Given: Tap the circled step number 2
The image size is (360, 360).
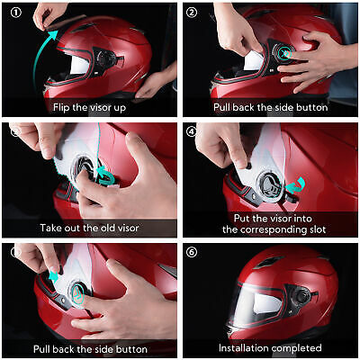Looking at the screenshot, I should tap(193, 13).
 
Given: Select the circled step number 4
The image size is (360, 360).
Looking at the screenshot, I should tap(193, 131).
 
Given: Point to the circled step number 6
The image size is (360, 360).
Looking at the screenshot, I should tap(193, 251).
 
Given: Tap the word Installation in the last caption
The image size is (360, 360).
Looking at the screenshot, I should tap(243, 347).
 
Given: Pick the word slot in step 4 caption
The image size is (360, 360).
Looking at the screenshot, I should tap(310, 229).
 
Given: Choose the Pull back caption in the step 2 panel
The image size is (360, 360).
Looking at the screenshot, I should tap(270, 107).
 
